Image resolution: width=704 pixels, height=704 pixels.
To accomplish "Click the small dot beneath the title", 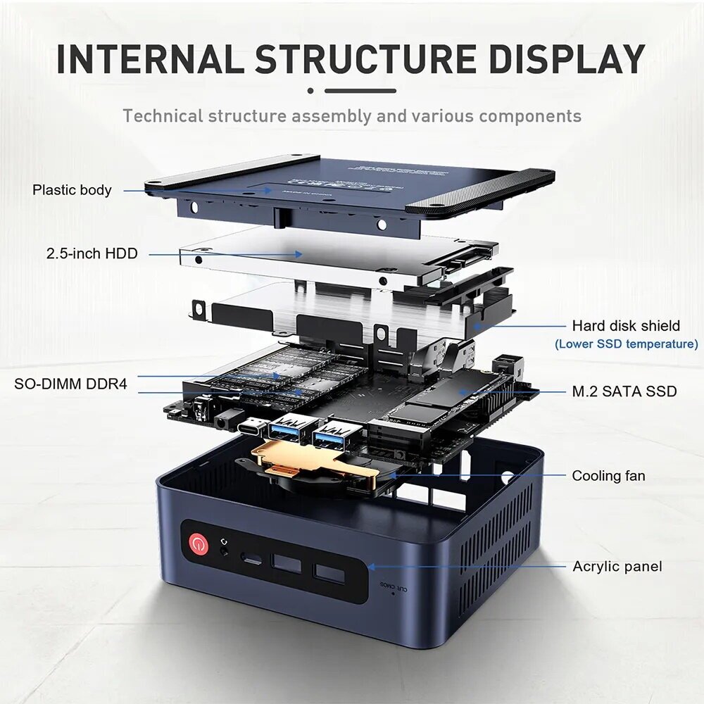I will [x=310, y=90].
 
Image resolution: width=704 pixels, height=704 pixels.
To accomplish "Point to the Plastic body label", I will [x=72, y=189].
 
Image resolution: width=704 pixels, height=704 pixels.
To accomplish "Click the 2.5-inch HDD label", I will [x=92, y=253].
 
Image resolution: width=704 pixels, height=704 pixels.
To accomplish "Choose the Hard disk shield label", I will [x=626, y=325].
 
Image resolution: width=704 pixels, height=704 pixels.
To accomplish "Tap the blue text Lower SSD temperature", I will [x=626, y=344].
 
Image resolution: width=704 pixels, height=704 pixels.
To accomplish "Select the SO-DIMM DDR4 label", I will [x=70, y=384].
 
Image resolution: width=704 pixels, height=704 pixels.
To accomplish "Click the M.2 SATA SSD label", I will [x=624, y=391].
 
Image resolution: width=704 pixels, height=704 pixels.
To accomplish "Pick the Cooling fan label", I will [x=608, y=476].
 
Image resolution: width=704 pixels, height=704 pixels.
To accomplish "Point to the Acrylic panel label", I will [x=617, y=566].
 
